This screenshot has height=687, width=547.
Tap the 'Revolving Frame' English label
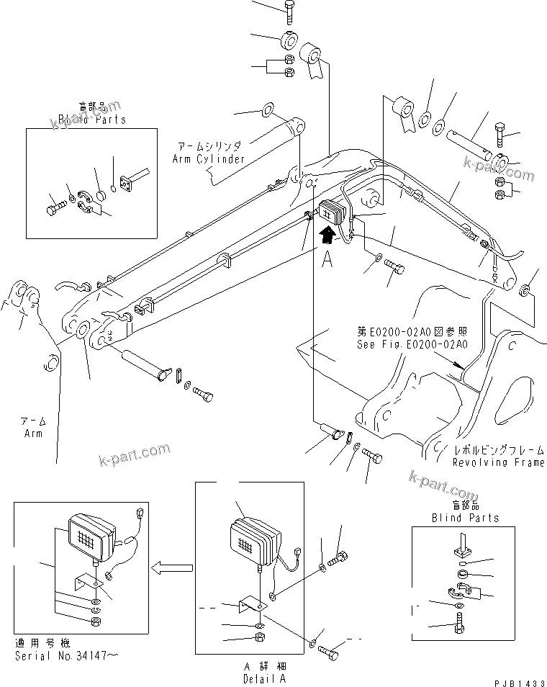tap(498, 462)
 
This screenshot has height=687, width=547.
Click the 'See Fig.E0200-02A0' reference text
tap(412, 344)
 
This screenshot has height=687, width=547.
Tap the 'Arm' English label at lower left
tap(33, 434)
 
